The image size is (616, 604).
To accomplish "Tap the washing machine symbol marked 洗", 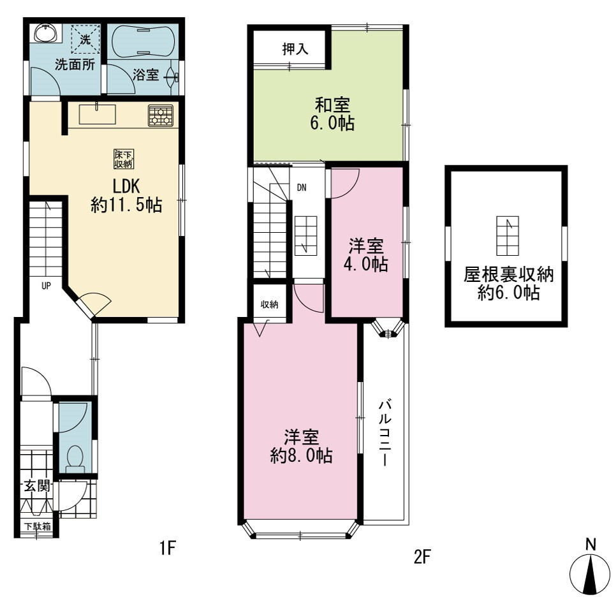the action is [85, 40].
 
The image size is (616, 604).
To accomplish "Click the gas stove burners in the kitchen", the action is [160, 115].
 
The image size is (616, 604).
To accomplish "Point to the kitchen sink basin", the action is [98, 114].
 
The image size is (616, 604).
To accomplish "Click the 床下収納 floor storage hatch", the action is [124, 159].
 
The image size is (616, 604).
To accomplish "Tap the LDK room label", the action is [126, 186].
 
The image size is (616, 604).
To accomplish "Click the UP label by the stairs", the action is [46, 286].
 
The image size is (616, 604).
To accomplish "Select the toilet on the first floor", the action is [75, 459].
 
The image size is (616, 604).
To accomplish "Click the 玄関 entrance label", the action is [38, 486].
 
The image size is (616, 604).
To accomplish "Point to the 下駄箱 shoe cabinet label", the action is [38, 526].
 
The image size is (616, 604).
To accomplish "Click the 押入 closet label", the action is [295, 49].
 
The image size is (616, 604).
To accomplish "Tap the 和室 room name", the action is [332, 105].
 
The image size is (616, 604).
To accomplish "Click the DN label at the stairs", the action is [302, 188].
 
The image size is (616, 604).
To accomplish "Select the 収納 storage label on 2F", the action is [270, 304].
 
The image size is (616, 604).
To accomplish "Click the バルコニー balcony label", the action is [385, 432].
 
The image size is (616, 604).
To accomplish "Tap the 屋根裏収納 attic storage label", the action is [508, 274].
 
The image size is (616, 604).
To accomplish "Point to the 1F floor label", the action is [167, 547].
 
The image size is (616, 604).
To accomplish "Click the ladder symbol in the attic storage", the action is [508, 236].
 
